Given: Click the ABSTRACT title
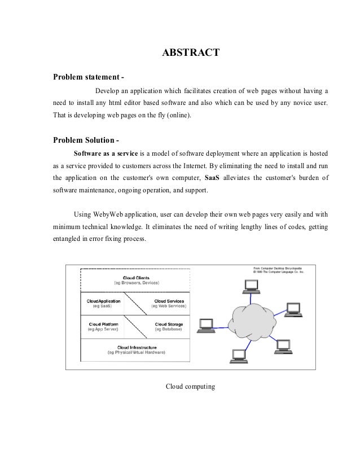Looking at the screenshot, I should (x=187, y=54).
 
